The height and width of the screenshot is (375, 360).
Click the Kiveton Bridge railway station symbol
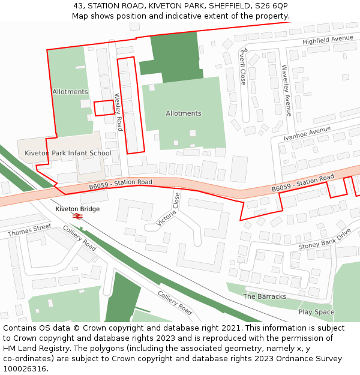point(77,216)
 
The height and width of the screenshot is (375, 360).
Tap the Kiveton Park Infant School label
point(68,153)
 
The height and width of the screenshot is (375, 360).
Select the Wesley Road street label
point(118,112)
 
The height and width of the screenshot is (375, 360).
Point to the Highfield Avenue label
point(328,40)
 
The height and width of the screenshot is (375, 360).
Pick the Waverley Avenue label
point(287,91)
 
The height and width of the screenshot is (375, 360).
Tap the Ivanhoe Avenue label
point(307,133)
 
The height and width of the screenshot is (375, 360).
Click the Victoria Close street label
point(168,209)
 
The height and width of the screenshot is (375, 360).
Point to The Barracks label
point(265,296)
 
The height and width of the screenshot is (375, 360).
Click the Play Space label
point(316,312)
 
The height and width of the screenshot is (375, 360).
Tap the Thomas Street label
point(29,230)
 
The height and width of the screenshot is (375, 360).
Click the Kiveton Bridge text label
point(77,209)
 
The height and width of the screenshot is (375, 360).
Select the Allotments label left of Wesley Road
point(70,92)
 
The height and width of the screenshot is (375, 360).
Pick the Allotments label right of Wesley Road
point(183,113)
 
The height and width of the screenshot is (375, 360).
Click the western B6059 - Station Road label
point(121,184)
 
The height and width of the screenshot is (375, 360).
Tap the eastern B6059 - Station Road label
point(302,184)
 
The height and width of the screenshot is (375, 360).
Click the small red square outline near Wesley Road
point(104,108)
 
